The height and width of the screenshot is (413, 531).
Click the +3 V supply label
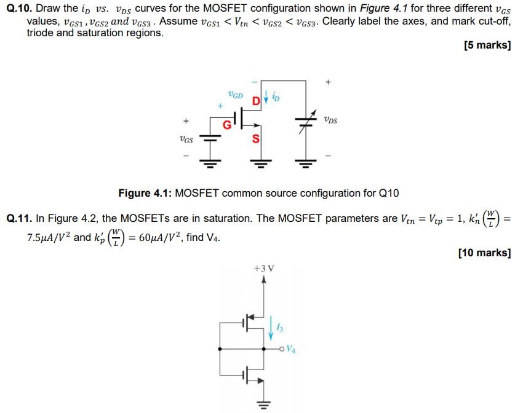pos(263,269)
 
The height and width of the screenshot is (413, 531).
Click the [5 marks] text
pos(488,45)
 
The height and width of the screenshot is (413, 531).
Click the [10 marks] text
pos(485,252)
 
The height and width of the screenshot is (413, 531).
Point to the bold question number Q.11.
pos(18,218)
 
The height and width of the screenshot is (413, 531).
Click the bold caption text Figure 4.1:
pos(145,193)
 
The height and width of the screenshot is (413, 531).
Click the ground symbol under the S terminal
pos(258,164)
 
